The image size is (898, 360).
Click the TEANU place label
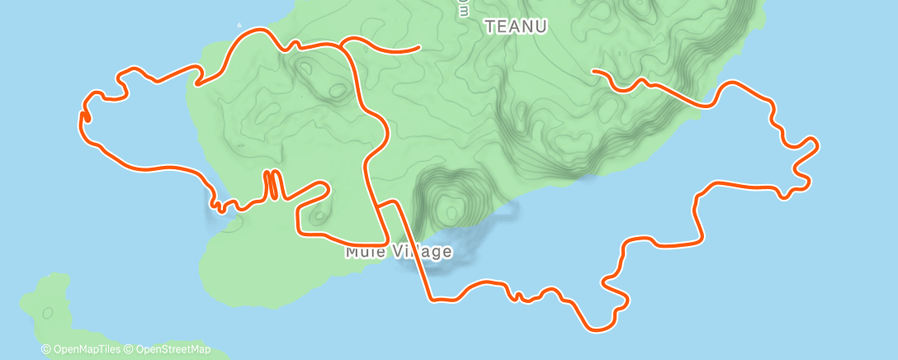(x=516, y=26)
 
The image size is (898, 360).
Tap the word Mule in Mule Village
(x=364, y=252)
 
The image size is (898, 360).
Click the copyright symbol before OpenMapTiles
(x=45, y=349)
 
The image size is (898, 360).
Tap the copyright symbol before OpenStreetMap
(x=128, y=349)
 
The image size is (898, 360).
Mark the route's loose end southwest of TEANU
(x=420, y=48)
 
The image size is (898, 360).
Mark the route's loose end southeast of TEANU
(x=593, y=72)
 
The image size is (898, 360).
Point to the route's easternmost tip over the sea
(x=816, y=146)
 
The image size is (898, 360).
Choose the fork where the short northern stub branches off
(x=343, y=45)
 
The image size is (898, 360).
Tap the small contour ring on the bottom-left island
(x=47, y=313)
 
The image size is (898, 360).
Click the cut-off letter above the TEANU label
(x=464, y=6)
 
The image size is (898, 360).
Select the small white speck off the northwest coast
(x=240, y=24)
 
